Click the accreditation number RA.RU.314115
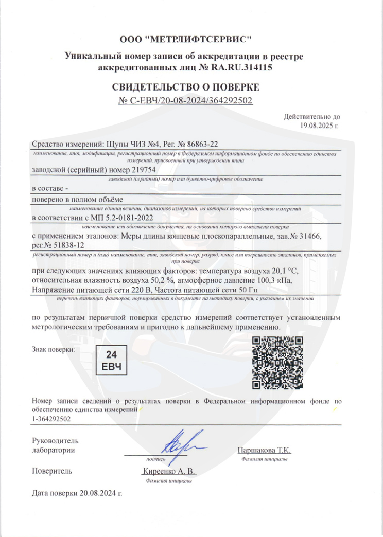243,67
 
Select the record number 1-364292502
51,419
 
